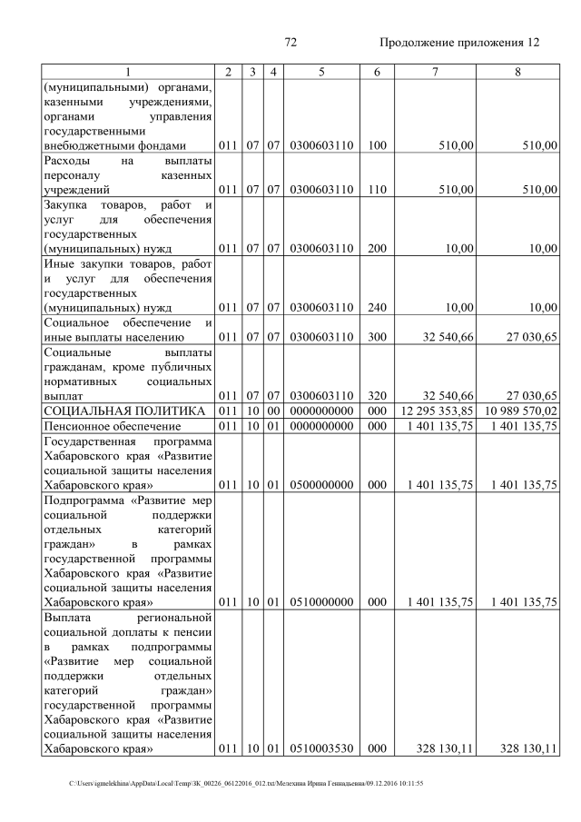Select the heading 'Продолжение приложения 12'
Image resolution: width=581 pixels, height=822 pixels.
point(459,42)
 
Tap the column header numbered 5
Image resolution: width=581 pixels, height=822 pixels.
point(321,72)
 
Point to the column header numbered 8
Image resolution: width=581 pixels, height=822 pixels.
point(517,72)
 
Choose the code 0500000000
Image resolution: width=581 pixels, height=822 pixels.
point(321,485)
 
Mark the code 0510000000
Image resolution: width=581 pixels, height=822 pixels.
point(321,601)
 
